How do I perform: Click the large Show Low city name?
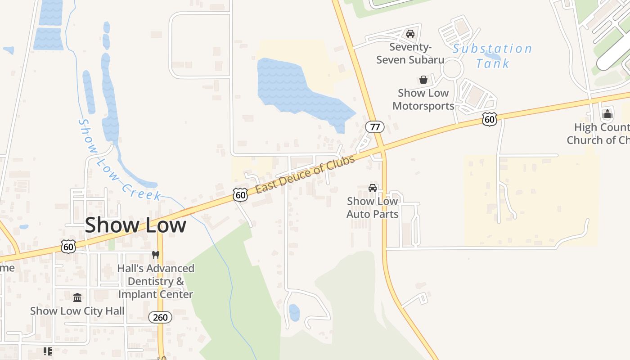pos(135,225)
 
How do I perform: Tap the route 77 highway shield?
pos(374,127)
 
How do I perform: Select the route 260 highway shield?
pos(160,317)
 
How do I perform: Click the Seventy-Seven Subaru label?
pos(410,53)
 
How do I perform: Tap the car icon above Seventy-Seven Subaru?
pos(410,34)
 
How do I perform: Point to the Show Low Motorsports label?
pos(423,99)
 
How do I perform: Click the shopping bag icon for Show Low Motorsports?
pos(423,80)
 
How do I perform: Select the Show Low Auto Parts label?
pos(372,207)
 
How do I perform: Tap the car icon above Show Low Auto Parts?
pos(373,188)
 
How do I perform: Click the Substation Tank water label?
pos(492,56)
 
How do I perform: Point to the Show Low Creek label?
pos(119,160)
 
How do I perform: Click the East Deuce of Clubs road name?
pos(305,173)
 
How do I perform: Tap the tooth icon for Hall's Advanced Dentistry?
pos(156,255)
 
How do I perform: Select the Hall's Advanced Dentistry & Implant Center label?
pos(156,281)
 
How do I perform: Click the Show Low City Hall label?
pos(77,311)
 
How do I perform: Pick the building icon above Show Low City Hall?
pos(77,297)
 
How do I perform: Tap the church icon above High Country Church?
pos(607,114)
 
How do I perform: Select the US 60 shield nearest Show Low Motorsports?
pos(490,119)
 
